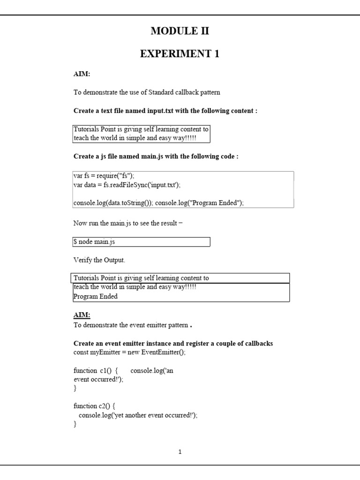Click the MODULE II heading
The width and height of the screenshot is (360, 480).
180,31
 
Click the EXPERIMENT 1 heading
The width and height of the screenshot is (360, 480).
180,54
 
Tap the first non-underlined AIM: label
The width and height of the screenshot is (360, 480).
82,74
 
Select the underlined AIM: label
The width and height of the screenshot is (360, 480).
82,315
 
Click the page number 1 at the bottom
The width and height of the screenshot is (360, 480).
180,452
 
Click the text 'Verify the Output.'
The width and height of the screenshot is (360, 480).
99,260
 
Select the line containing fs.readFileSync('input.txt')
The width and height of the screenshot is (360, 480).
127,185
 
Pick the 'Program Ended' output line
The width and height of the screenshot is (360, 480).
96,296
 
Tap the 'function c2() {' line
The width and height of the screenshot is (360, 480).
94,406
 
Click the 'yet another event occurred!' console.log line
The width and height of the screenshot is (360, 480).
138,415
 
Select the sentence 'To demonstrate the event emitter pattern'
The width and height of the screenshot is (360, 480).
131,325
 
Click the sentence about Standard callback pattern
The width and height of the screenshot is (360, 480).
147,92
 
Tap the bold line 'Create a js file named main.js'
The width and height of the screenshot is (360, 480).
156,156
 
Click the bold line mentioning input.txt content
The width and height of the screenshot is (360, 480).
165,111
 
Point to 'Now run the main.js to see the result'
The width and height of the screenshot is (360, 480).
127,223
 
